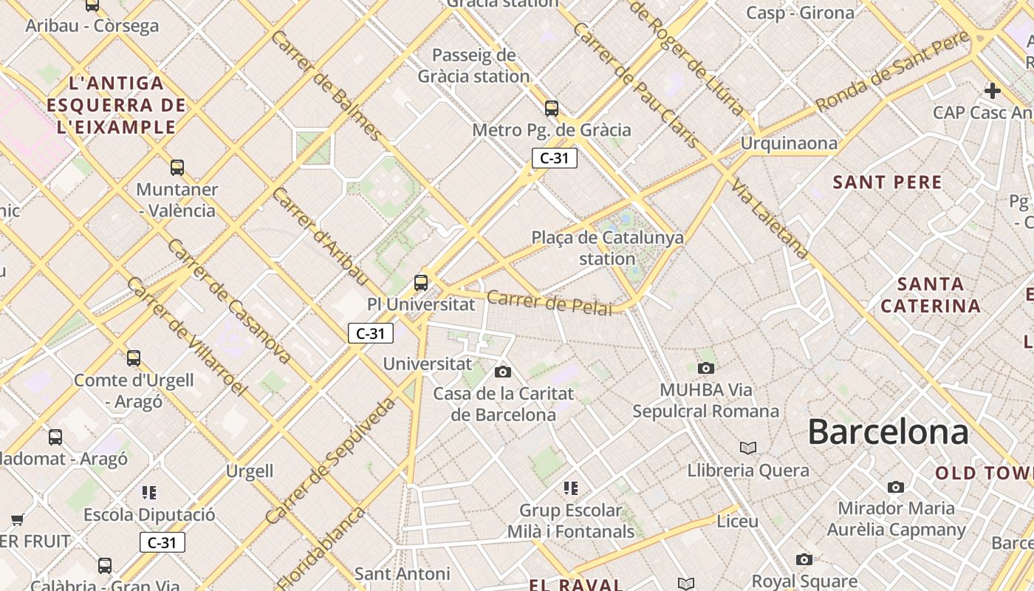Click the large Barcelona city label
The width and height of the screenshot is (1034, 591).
pyautogui.click(x=888, y=431)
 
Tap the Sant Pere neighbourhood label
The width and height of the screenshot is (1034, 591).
pyautogui.click(x=887, y=182)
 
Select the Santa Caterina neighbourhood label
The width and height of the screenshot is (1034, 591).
pyautogui.click(x=931, y=295)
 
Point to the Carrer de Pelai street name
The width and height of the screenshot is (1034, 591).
pyautogui.click(x=549, y=302)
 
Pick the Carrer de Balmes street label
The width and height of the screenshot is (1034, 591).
pyautogui.click(x=326, y=85)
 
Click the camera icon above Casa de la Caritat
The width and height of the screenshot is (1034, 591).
pyautogui.click(x=503, y=372)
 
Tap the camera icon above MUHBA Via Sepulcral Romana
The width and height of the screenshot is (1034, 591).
pyautogui.click(x=706, y=368)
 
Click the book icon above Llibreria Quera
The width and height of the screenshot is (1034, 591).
pyautogui.click(x=748, y=448)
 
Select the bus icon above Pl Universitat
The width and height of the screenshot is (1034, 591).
pyautogui.click(x=421, y=282)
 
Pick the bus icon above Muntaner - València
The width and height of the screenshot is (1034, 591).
pyautogui.click(x=177, y=168)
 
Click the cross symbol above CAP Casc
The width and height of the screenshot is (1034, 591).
pyautogui.click(x=993, y=91)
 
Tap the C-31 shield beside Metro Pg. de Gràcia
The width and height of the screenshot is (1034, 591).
pyautogui.click(x=554, y=157)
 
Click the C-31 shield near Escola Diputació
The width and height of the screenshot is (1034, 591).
pyautogui.click(x=162, y=542)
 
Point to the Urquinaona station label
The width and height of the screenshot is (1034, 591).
pyautogui.click(x=790, y=143)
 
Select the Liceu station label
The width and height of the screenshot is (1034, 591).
pyautogui.click(x=737, y=522)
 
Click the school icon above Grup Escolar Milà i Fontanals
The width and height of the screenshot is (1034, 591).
pyautogui.click(x=570, y=488)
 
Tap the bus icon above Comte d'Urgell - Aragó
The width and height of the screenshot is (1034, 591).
pyautogui.click(x=134, y=358)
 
